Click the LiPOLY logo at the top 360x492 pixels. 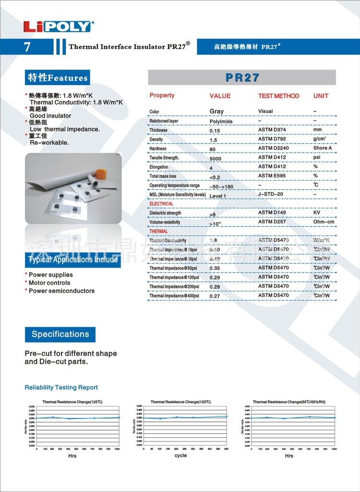tap(58, 26)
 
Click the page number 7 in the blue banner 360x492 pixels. tap(27, 47)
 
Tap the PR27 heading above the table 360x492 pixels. tap(242, 77)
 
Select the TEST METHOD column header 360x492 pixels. tap(278, 96)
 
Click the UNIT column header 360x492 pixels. tap(321, 96)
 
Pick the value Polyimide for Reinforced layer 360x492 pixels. tap(221, 121)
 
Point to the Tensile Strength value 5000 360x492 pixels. tap(215, 159)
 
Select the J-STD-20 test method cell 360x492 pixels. tap(271, 194)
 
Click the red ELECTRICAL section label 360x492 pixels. tap(161, 204)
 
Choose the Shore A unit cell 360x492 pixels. tap(323, 148)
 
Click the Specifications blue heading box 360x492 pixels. tap(60, 334)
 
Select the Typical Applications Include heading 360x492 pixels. tap(73, 260)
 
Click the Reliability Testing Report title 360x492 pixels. tap(61, 387)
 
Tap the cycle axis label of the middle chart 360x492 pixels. tap(180, 455)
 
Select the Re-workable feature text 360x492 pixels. tap(49, 143)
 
